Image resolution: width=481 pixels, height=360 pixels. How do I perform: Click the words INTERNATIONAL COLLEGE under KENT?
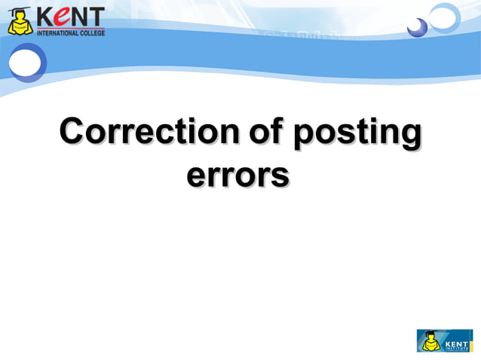click(70, 33)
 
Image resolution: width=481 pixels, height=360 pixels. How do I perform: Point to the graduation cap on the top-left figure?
click(20, 11)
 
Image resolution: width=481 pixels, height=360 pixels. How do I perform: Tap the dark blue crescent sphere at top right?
click(416, 28)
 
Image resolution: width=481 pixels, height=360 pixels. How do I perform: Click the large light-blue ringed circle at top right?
click(444, 16)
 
